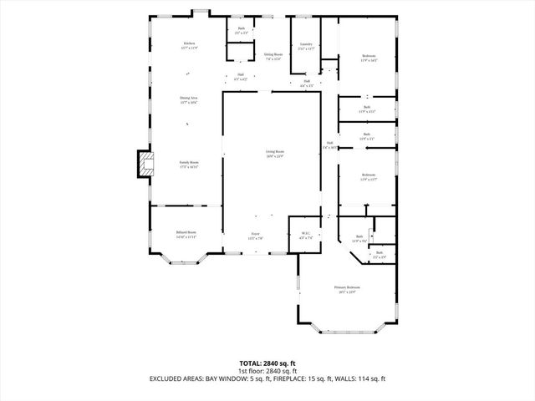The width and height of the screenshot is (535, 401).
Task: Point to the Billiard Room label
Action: [186, 234]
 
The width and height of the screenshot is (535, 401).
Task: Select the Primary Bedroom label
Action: [346, 289]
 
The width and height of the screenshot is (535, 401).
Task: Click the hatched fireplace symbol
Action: [145, 164]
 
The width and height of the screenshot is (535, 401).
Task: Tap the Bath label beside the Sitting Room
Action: [241, 31]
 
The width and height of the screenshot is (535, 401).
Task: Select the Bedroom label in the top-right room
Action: [369, 58]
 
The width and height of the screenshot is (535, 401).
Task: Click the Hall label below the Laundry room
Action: [306, 84]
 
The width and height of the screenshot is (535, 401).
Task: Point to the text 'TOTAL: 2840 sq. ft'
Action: [267, 363]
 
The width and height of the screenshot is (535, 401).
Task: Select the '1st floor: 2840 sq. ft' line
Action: [267, 370]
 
